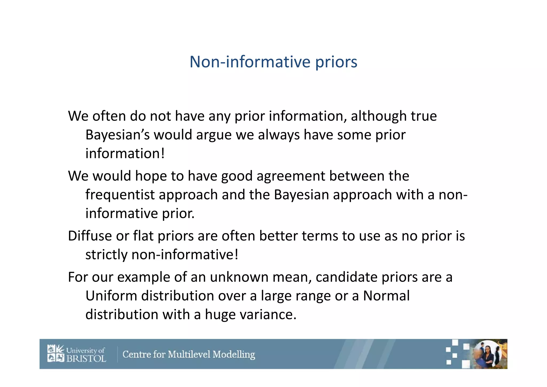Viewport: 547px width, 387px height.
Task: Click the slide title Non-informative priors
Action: [273, 62]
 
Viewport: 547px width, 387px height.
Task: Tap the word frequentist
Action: [120, 195]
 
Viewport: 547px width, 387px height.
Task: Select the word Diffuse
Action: [89, 236]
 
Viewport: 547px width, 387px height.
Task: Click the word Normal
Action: [386, 296]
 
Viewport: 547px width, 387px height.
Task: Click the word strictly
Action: [106, 255]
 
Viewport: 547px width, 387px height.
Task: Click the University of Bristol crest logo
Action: [56, 353]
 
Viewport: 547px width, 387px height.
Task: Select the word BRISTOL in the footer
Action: [86, 358]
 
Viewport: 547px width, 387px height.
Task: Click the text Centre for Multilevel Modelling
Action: [189, 354]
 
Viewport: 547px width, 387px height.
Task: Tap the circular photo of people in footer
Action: [488, 354]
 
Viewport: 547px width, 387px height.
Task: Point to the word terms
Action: [320, 236]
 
